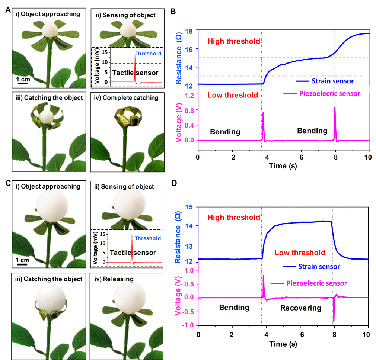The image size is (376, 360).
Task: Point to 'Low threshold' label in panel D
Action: (300, 253)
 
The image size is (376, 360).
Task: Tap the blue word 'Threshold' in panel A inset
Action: (148, 54)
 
